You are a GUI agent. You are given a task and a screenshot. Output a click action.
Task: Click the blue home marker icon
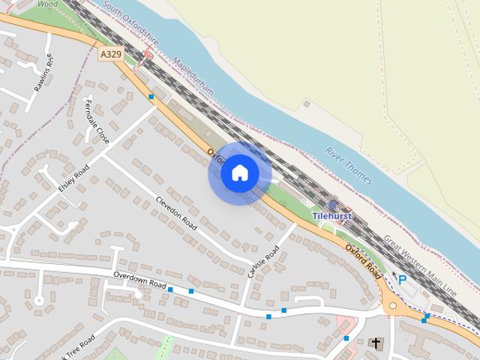tap(240, 172)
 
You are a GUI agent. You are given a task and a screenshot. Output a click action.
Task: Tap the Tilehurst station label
tap(332, 216)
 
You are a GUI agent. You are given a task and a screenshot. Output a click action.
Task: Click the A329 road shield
tap(109, 54)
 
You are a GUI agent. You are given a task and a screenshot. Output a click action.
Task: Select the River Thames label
tap(348, 166)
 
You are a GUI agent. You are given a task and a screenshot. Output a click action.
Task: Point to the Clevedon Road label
tap(175, 214)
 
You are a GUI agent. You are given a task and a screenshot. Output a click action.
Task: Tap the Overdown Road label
tap(139, 280)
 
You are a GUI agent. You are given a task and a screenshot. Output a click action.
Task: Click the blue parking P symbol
tap(403, 280)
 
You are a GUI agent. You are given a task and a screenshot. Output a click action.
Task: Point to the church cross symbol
tap(376, 344)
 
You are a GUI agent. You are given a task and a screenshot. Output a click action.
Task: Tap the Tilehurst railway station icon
tap(332, 205)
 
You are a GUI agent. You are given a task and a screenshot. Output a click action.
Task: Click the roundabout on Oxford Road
tap(392, 306)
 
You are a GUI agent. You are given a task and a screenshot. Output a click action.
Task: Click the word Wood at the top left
tap(47, 4)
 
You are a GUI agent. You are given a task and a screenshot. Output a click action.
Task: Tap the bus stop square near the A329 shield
tap(151, 96)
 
